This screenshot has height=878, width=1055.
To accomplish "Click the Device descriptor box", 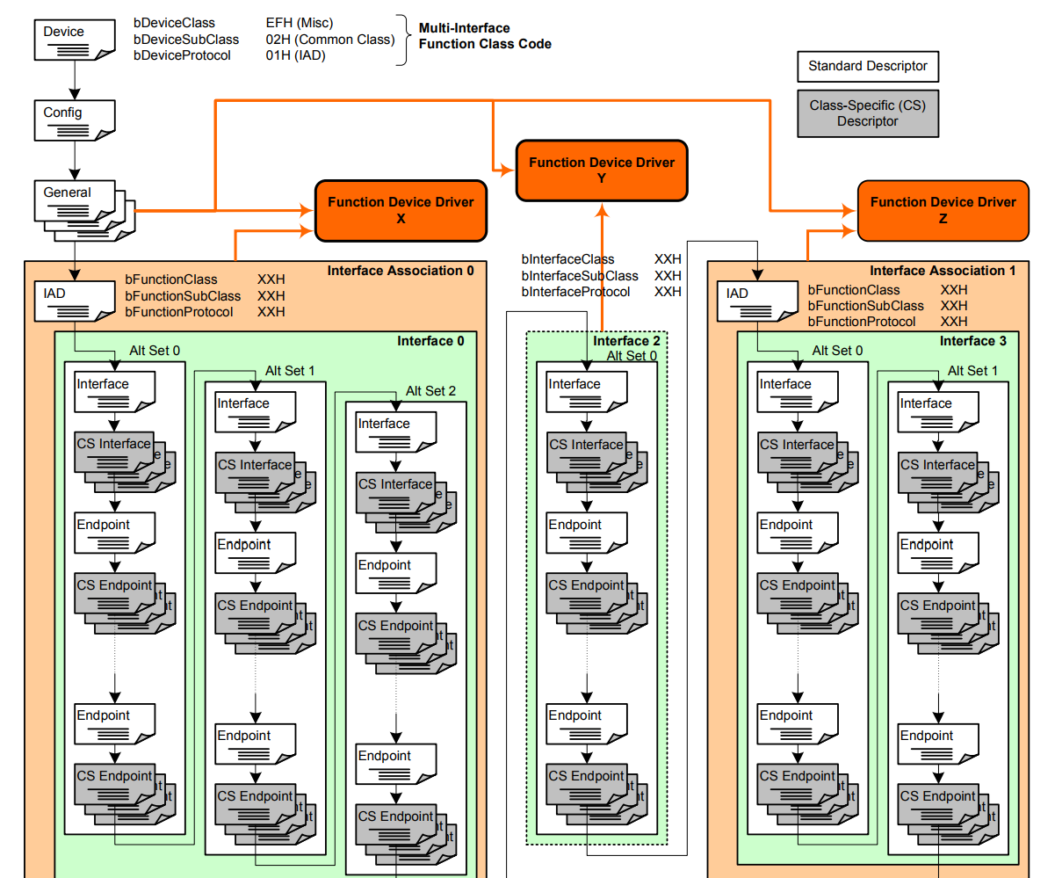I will [x=74, y=40].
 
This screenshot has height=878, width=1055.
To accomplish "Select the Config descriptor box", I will [x=74, y=120].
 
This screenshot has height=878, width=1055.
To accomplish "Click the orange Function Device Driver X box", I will [x=401, y=211].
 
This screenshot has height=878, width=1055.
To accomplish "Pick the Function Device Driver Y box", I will [x=602, y=171].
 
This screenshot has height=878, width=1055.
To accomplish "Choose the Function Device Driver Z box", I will [x=943, y=211].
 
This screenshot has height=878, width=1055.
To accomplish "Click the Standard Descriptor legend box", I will [x=868, y=67].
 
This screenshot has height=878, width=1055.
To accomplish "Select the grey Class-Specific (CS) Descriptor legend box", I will [x=868, y=113].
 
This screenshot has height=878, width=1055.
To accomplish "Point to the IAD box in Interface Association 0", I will [x=74, y=301].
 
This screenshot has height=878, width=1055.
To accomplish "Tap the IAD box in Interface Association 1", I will [x=757, y=301].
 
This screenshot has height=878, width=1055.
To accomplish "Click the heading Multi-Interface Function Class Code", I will [x=485, y=36].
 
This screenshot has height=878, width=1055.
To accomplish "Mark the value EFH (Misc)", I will [x=300, y=23].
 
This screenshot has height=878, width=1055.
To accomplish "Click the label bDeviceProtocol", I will [x=182, y=55].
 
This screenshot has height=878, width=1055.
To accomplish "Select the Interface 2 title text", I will [x=625, y=341].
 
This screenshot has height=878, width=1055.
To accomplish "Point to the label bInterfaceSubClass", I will [x=580, y=275].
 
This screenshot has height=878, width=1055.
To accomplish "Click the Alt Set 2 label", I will [x=430, y=391].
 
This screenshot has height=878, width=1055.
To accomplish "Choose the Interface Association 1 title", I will [x=943, y=271].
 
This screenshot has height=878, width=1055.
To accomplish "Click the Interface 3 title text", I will [x=972, y=341].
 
